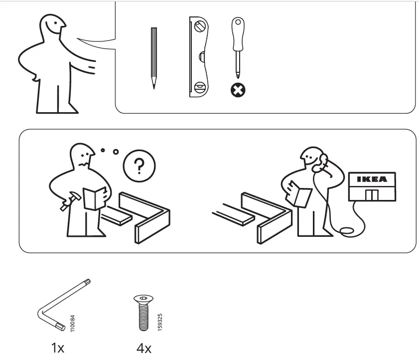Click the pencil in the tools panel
(154, 57)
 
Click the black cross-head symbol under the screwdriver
(238, 90)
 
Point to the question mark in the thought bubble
(139, 167)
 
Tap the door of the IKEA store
(372, 194)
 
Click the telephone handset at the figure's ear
(323, 161)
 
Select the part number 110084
(73, 323)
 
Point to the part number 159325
(159, 322)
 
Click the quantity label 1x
(58, 348)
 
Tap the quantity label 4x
(144, 348)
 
